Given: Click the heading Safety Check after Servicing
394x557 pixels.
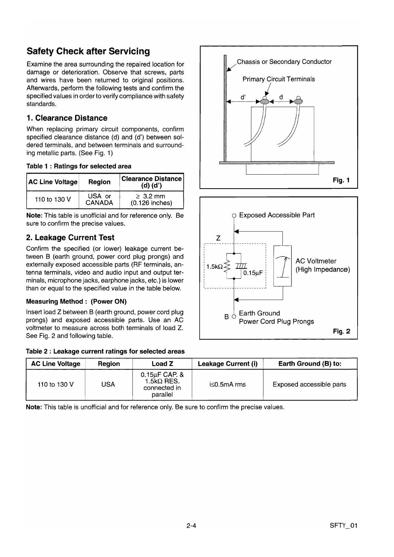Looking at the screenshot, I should click(x=88, y=51).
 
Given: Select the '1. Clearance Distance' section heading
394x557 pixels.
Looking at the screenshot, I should click(x=67, y=118).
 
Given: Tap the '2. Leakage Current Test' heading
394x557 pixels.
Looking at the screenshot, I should click(x=70, y=237).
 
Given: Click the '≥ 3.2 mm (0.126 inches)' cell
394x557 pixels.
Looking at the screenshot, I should click(x=152, y=199).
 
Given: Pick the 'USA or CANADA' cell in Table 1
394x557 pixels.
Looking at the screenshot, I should click(x=99, y=199).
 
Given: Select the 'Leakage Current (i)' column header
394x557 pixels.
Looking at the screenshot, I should click(x=227, y=364).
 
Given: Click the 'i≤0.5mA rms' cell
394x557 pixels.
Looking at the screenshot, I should click(x=227, y=384).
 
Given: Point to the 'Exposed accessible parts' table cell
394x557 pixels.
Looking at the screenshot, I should click(x=309, y=384).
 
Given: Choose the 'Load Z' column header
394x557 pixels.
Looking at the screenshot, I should click(x=162, y=364).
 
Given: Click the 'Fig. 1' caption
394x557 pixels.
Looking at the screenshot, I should click(x=341, y=180).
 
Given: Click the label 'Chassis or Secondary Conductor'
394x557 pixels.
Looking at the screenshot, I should click(x=284, y=62).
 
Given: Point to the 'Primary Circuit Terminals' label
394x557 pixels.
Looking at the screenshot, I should click(x=278, y=79).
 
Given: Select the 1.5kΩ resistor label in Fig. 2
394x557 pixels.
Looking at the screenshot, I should click(x=214, y=266).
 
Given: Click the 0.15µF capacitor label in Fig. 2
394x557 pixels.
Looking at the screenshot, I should click(x=253, y=273).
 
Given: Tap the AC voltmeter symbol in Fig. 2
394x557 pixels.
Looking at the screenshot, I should click(x=282, y=266).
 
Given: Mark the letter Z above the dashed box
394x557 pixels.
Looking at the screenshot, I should click(x=218, y=238).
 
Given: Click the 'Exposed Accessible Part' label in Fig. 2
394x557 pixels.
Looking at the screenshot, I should click(x=276, y=215).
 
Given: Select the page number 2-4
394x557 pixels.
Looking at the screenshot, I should click(x=191, y=525).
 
